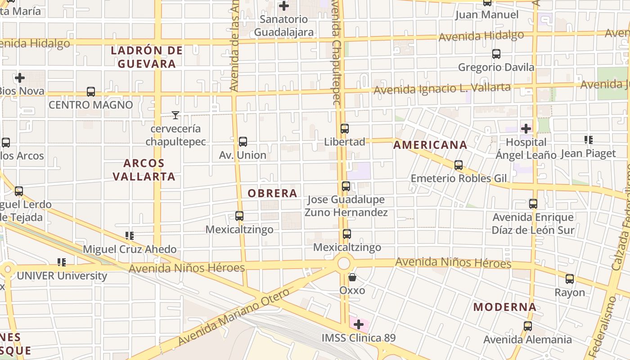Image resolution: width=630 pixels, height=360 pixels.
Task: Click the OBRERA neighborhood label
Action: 273,193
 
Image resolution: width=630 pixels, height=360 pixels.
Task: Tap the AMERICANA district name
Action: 430,145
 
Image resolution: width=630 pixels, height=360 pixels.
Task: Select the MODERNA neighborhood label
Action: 504,307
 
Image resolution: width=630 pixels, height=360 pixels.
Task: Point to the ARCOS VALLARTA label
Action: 144,170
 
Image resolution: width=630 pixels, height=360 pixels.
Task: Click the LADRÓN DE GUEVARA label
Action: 147,57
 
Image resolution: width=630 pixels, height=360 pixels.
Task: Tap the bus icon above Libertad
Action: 345,129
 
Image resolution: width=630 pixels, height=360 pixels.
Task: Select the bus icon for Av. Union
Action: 243,142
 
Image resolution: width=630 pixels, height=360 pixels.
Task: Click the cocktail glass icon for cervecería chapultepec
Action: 175,115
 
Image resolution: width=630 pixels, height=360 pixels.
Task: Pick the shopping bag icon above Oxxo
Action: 352,277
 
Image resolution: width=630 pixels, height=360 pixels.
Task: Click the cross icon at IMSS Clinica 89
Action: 359,324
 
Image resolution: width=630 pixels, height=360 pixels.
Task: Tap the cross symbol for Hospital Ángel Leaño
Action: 526,129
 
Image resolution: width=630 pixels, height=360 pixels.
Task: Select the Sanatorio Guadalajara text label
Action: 283,26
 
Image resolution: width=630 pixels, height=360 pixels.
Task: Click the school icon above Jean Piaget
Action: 588,140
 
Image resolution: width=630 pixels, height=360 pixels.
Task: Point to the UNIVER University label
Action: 62,276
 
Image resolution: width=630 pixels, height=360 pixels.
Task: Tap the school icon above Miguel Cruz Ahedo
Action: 130,235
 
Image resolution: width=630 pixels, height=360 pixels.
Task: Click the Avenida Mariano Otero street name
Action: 234,317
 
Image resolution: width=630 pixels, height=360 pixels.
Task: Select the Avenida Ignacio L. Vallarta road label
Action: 442,88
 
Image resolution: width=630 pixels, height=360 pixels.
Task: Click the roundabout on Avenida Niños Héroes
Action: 344,263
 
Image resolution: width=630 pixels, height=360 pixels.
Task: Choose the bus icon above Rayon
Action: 570,279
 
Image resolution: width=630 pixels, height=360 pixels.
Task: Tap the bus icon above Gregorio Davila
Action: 496,54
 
